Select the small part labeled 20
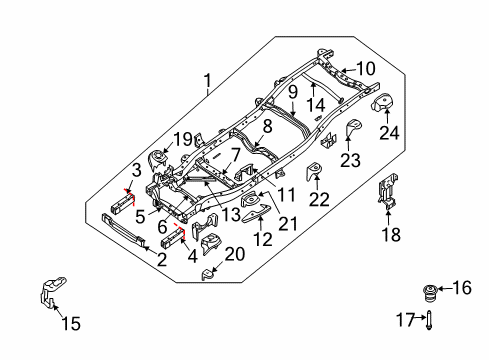pyautogui.click(x=208, y=273)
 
